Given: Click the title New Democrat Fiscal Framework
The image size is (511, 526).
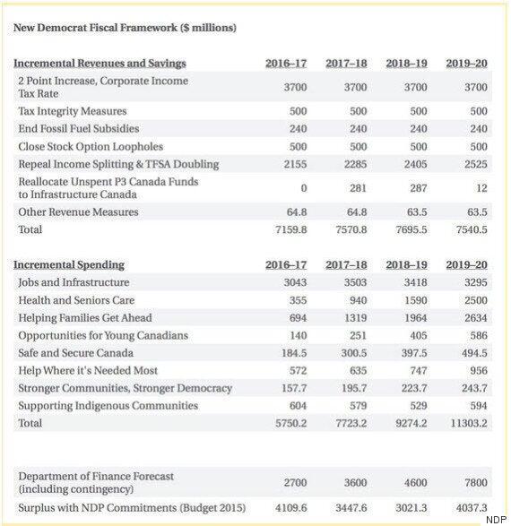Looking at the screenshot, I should (125, 28).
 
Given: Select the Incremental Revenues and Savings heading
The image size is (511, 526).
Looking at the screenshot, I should (100, 63).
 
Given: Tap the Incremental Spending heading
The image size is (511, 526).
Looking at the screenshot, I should (69, 264).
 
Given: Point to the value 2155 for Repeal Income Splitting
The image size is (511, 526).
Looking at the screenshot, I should (296, 164).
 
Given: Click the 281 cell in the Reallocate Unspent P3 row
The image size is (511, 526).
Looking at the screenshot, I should (358, 188).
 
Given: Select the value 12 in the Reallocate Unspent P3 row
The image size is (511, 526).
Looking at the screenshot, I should (481, 188).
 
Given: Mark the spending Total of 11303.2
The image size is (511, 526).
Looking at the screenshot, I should (469, 423).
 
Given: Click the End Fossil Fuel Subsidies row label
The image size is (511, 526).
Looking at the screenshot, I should (79, 128).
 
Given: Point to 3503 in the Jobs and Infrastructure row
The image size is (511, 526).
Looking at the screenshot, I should (356, 282).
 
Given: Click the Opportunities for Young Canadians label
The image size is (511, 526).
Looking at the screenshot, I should (104, 335).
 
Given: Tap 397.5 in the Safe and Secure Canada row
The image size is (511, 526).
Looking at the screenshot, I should (413, 353).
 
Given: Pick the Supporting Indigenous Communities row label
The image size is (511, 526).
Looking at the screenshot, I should (108, 405).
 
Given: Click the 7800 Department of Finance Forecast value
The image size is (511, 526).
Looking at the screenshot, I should (475, 483).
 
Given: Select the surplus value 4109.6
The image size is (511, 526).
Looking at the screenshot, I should (291, 509).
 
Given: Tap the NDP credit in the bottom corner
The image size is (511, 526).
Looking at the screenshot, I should (497, 521).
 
